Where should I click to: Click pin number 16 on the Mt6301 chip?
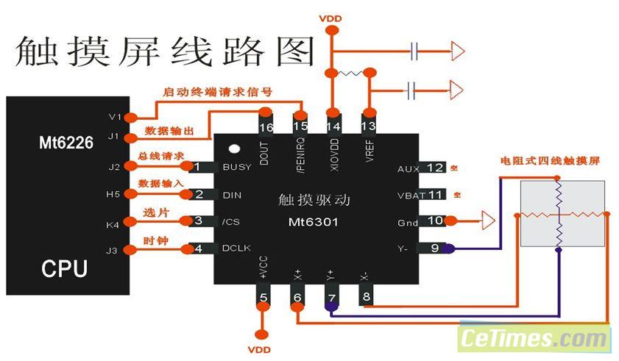(265, 127)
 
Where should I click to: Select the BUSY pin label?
(236, 167)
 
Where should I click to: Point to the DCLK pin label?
(236, 249)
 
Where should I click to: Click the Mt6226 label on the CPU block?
(66, 143)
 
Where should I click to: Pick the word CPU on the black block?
(65, 268)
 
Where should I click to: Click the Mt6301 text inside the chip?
(314, 221)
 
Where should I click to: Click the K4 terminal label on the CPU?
(113, 224)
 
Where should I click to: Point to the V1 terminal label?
(113, 117)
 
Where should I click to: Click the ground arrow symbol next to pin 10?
(487, 219)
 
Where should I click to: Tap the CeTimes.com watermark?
(534, 339)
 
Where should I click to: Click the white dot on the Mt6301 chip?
(234, 150)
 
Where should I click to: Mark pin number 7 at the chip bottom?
(332, 298)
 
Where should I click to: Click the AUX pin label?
(408, 168)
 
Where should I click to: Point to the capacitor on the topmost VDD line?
(417, 51)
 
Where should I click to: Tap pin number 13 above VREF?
(369, 126)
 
